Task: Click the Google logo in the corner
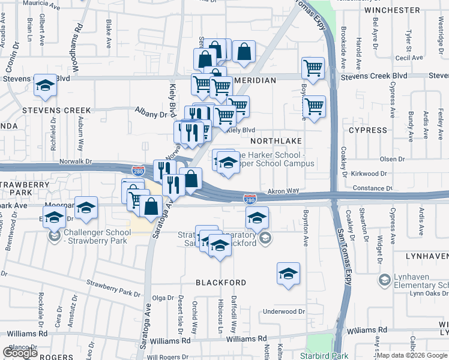tap(20, 353)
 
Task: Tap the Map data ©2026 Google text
tap(412, 355)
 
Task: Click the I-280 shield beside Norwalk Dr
tap(138, 172)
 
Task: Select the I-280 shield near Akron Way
tap(250, 199)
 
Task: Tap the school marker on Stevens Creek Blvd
tap(45, 86)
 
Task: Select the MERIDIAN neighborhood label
tap(255, 80)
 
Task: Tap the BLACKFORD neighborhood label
tap(221, 282)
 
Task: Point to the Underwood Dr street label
tap(285, 311)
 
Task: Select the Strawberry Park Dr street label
tap(112, 287)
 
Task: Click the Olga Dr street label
tap(162, 298)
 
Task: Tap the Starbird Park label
tap(327, 356)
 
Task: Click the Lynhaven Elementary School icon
tap(384, 280)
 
